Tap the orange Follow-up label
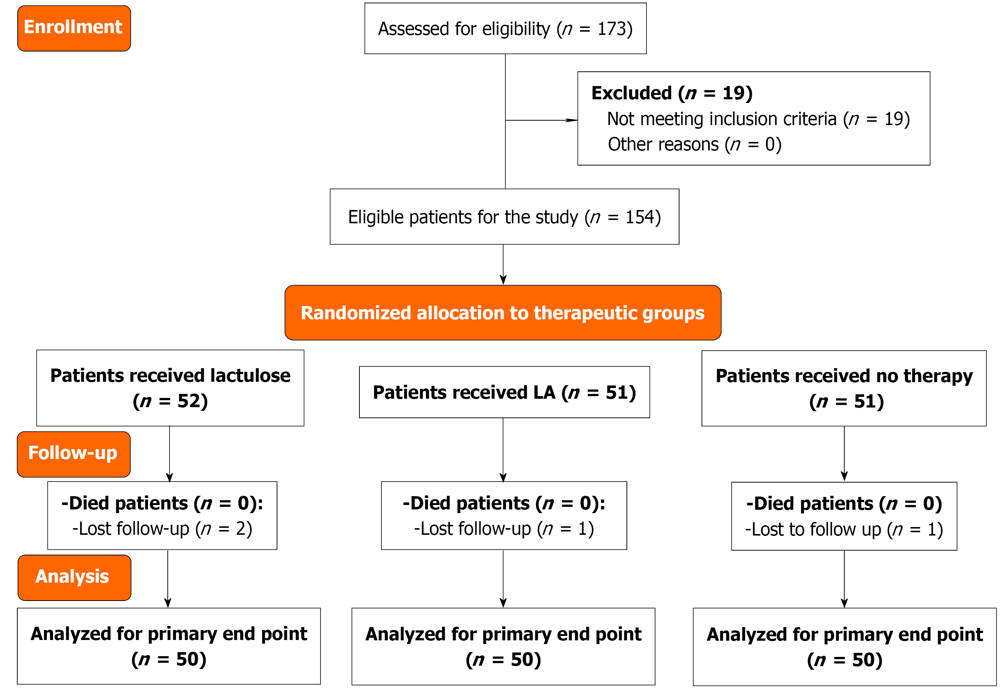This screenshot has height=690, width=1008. pyautogui.click(x=74, y=454)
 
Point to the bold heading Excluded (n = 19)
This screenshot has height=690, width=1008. pyautogui.click(x=672, y=93)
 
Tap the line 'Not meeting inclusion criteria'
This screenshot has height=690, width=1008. pyautogui.click(x=722, y=118)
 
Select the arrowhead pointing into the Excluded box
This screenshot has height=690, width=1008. pyautogui.click(x=572, y=120)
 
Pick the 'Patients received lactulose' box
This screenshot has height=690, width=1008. pyautogui.click(x=170, y=388)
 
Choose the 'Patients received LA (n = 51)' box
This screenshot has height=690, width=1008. pyautogui.click(x=504, y=392)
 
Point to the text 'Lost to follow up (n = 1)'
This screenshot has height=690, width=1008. pyautogui.click(x=844, y=530)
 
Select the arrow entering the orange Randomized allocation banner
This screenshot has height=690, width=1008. pyautogui.click(x=503, y=264)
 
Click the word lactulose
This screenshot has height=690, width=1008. pyautogui.click(x=250, y=376)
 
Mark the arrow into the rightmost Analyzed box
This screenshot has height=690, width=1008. pyautogui.click(x=844, y=579)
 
